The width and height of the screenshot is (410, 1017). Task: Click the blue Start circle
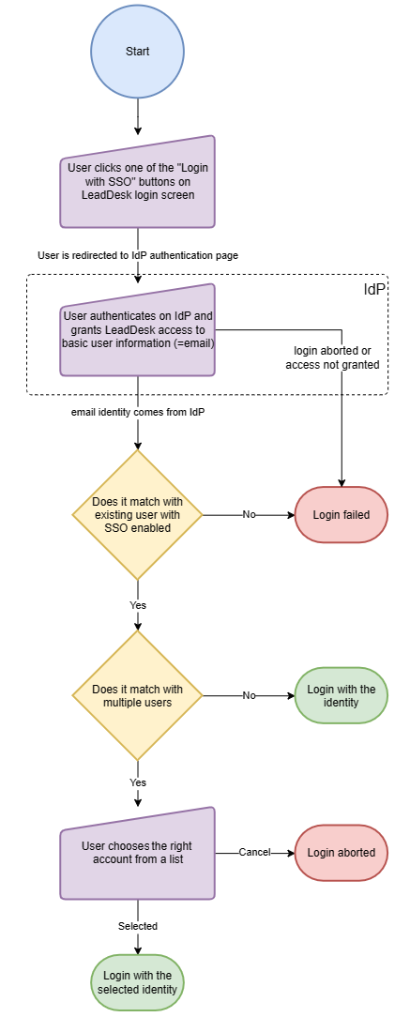click(x=138, y=51)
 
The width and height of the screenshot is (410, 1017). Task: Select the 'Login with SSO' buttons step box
click(x=138, y=182)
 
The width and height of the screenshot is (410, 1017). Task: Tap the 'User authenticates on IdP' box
click(x=138, y=331)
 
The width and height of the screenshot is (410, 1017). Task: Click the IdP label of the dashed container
click(x=375, y=289)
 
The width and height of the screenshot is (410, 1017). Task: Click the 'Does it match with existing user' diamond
click(x=138, y=515)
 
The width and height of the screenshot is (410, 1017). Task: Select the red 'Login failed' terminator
click(x=342, y=515)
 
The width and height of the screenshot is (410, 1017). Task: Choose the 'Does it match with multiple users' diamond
click(x=138, y=695)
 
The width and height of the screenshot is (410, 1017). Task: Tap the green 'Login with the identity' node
click(x=342, y=695)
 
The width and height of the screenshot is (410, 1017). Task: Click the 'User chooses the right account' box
click(x=138, y=853)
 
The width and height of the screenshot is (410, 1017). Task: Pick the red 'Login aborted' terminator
click(x=342, y=852)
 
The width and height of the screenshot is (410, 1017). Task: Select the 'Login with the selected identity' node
click(x=138, y=982)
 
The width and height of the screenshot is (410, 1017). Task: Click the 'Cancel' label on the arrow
click(x=254, y=852)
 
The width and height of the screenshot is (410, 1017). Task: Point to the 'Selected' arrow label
click(x=138, y=926)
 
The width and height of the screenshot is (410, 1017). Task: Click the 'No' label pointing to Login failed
click(x=250, y=514)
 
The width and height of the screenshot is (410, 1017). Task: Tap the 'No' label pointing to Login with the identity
click(x=250, y=695)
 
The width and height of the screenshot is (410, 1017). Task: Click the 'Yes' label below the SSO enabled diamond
click(x=138, y=605)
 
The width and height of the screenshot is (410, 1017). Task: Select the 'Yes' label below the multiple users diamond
click(x=138, y=782)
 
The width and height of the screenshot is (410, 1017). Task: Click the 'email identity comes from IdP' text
click(x=138, y=413)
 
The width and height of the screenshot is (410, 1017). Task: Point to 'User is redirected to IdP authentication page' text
click(x=138, y=255)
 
